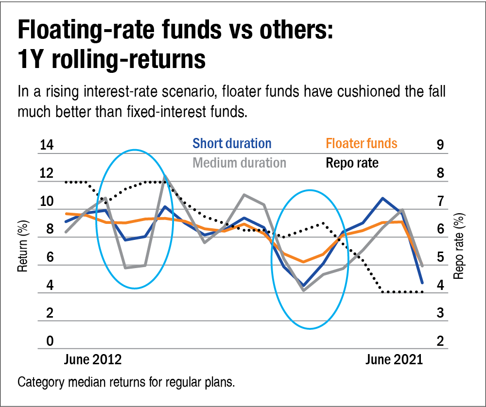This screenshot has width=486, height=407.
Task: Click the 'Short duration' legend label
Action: tap(232, 144)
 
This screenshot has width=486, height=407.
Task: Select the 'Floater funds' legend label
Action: tap(362, 144)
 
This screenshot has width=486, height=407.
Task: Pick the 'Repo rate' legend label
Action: tap(352, 163)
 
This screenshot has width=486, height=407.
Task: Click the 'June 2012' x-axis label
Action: tap(93, 360)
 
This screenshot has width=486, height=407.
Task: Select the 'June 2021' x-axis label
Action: tap(394, 360)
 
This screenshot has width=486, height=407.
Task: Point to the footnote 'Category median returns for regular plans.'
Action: tap(126, 382)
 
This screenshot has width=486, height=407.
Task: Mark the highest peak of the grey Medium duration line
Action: tap(166, 176)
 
